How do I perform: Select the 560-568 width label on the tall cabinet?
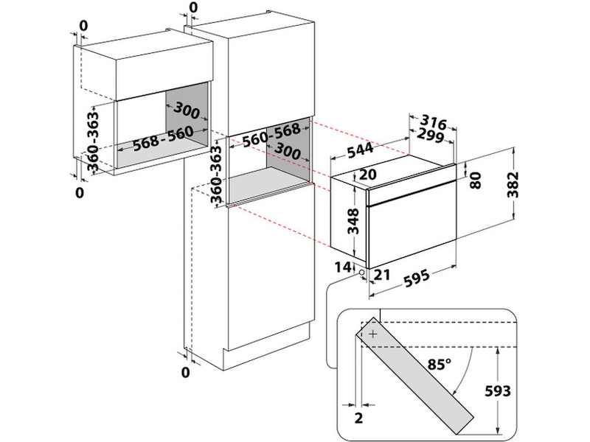tap(271, 133)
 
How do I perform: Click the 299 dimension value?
tap(428, 136)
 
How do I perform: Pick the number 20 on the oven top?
tap(368, 174)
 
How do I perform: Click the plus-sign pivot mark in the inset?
tap(373, 334)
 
